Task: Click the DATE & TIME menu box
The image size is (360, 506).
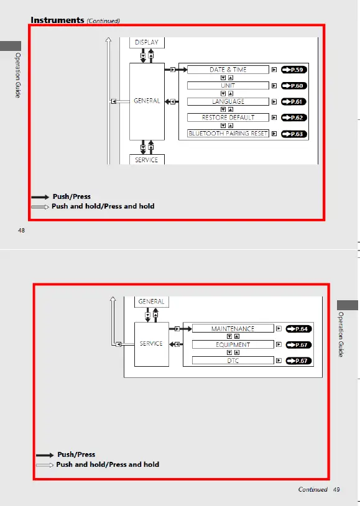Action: [x=228, y=70]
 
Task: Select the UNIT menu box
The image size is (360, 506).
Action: [x=228, y=86]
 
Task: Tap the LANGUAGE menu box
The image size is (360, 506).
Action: [x=228, y=101]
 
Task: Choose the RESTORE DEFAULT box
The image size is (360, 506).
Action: [x=228, y=117]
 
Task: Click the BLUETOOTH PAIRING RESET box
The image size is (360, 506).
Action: [x=228, y=134]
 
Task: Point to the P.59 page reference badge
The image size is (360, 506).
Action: [x=294, y=70]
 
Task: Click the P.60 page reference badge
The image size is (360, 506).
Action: [x=294, y=86]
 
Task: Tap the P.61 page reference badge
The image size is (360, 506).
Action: [x=294, y=101]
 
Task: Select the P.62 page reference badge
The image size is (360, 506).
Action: [x=294, y=117]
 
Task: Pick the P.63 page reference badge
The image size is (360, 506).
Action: [x=294, y=134]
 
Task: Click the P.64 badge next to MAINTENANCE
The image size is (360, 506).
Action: [x=298, y=329]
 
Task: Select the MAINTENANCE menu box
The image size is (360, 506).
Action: [x=233, y=329]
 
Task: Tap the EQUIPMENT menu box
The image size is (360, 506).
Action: [x=233, y=344]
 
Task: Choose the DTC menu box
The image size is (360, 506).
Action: [x=233, y=361]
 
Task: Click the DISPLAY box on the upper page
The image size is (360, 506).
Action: [x=147, y=42]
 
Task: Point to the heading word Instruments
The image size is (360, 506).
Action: [x=57, y=20]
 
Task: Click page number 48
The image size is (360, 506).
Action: [x=21, y=231]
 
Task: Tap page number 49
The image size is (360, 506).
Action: [x=336, y=490]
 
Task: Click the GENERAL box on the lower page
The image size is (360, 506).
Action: [x=151, y=302]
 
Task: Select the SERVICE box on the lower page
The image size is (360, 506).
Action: [x=151, y=343]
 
